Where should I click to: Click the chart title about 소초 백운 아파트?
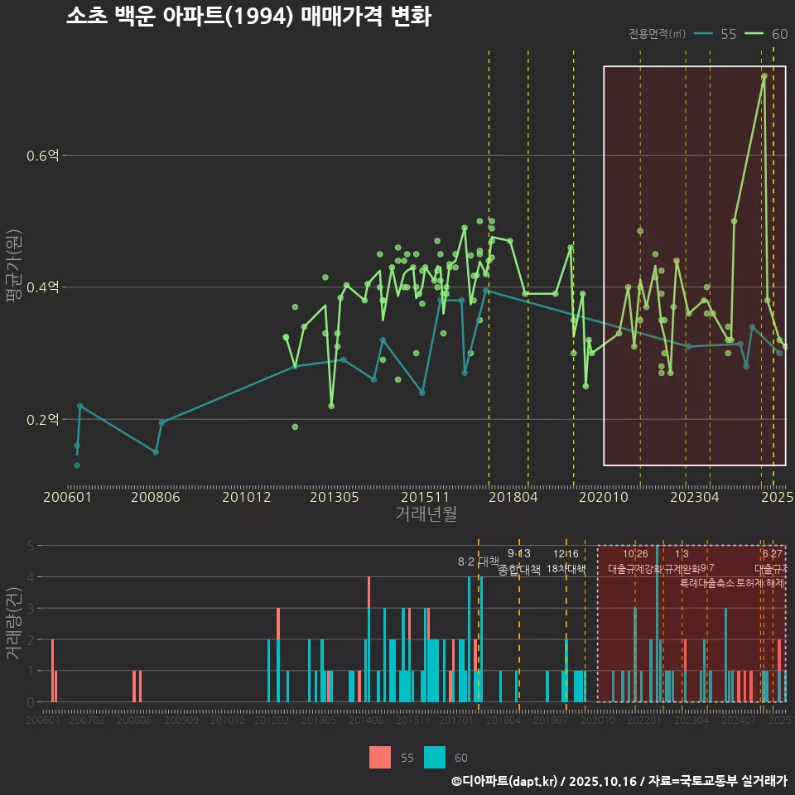pyautogui.click(x=248, y=17)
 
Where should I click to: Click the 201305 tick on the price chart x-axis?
pyautogui.click(x=334, y=498)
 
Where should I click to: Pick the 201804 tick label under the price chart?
pyautogui.click(x=512, y=498)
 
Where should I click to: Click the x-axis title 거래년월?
pyautogui.click(x=426, y=513)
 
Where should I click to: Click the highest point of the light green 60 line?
pyautogui.click(x=764, y=76)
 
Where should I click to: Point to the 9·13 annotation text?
pyautogui.click(x=519, y=554)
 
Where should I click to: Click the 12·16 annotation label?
pyautogui.click(x=566, y=554)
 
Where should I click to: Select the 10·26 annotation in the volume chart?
pyautogui.click(x=635, y=554)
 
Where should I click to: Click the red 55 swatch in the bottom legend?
pyautogui.click(x=380, y=757)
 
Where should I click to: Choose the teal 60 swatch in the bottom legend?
pyautogui.click(x=435, y=757)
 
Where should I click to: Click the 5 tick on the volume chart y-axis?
pyautogui.click(x=30, y=546)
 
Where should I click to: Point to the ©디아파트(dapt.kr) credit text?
pyautogui.click(x=505, y=781)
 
